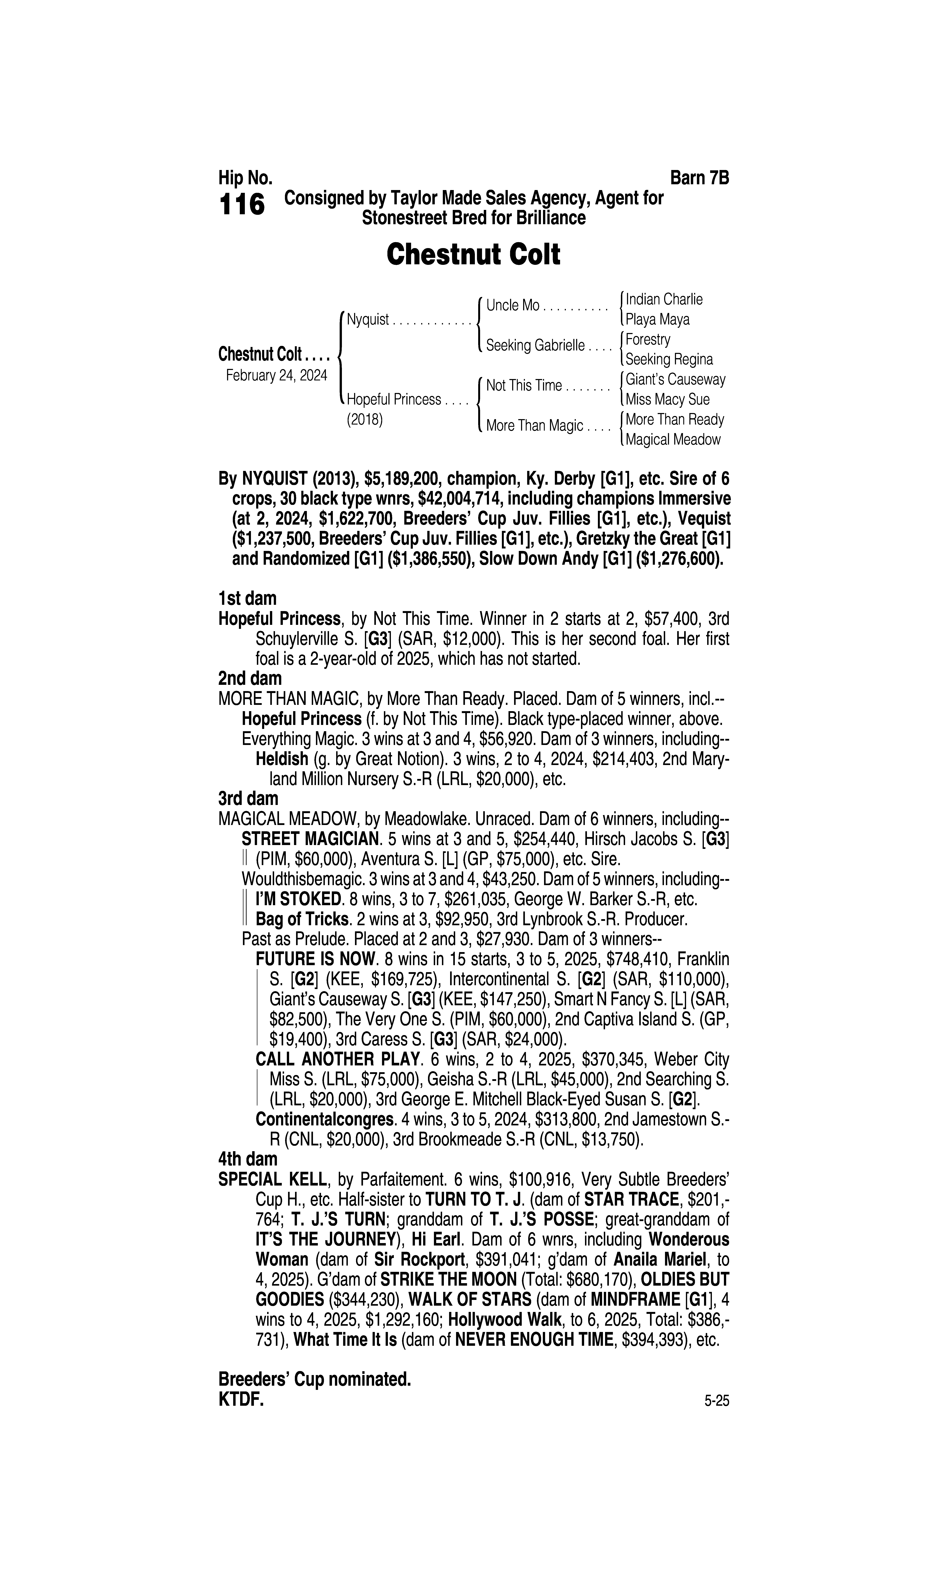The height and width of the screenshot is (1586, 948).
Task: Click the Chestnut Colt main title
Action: (473, 254)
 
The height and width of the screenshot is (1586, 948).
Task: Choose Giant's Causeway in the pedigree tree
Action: (675, 380)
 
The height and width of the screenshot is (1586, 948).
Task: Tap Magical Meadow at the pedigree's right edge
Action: (673, 440)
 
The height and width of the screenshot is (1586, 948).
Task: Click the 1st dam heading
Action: (247, 599)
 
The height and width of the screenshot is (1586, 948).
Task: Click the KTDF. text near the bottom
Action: (241, 1400)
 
